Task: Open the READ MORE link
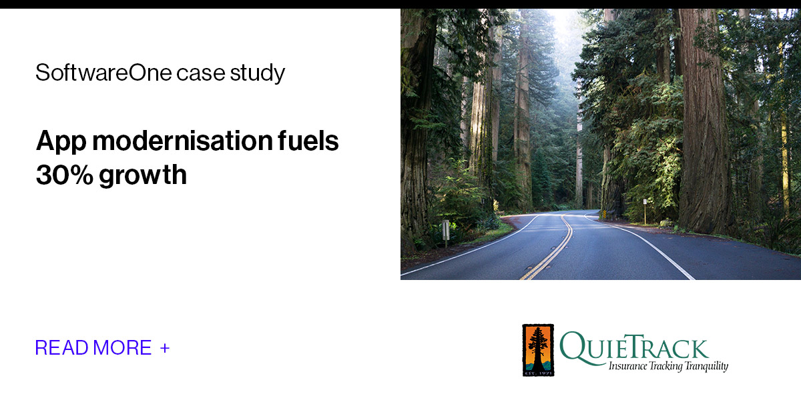(x=93, y=347)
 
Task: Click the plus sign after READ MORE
(x=165, y=347)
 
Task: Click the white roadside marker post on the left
(x=445, y=231)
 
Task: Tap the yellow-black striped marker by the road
(x=604, y=214)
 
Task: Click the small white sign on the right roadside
(x=645, y=202)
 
